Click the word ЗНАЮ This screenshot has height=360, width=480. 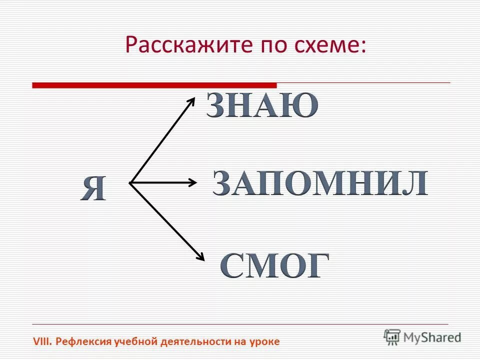point(262,105)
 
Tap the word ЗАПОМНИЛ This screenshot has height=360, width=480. point(320,183)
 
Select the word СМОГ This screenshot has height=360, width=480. point(275,266)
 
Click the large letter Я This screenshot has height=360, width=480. point(93,189)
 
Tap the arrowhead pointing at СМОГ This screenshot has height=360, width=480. point(200,256)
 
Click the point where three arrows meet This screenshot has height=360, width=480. point(130,183)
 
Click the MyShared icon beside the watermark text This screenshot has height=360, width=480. point(392,336)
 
